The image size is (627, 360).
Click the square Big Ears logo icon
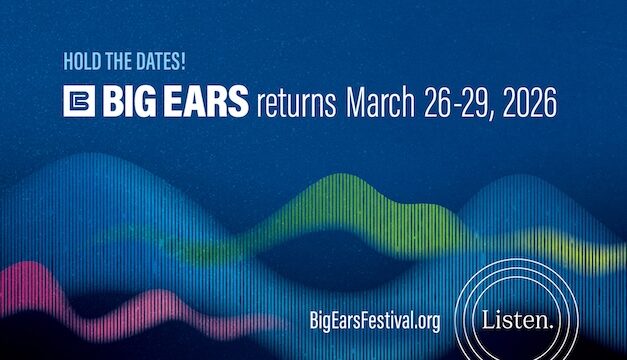(x=77, y=104)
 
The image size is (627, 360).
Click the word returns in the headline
(x=296, y=104)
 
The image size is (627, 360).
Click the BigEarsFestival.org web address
(x=376, y=321)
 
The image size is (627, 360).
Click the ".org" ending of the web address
(x=425, y=321)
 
